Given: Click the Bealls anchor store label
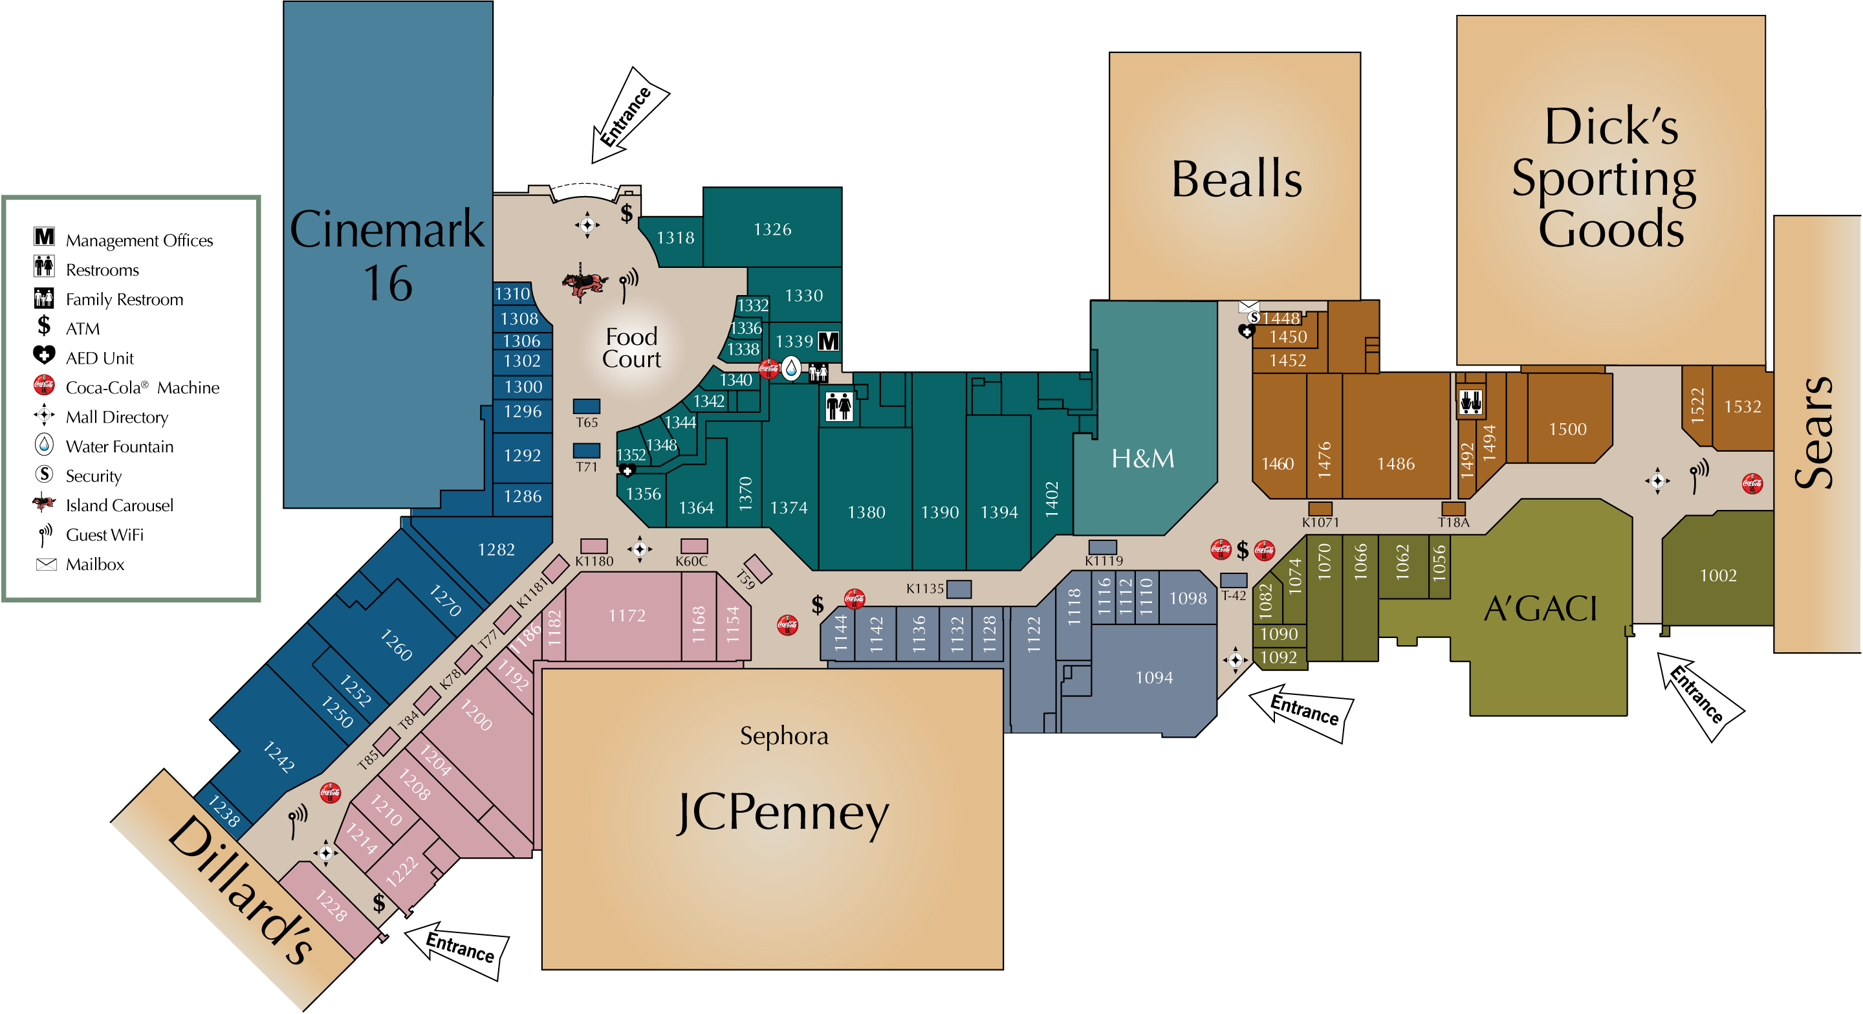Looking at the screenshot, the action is click(1236, 179).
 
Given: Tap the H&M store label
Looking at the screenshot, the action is click(1142, 459).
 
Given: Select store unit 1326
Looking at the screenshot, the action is click(772, 229).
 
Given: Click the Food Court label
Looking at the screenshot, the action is click(631, 348).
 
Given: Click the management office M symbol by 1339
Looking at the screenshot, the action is click(829, 342).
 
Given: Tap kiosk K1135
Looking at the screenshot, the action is click(959, 589).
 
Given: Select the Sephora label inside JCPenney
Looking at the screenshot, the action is click(784, 736).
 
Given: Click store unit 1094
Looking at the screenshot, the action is click(1154, 678).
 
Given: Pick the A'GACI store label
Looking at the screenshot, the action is click(1540, 608).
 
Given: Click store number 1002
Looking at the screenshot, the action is click(1718, 576).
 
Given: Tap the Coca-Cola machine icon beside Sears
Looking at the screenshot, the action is click(1752, 483).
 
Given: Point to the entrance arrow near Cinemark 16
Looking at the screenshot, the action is click(630, 115).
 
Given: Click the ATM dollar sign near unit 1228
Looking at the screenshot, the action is click(379, 903).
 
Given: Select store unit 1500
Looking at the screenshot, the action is click(1568, 430).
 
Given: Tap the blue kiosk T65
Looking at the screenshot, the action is click(587, 406).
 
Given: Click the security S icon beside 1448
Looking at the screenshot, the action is click(1254, 318).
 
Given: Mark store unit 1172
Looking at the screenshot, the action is click(627, 615).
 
